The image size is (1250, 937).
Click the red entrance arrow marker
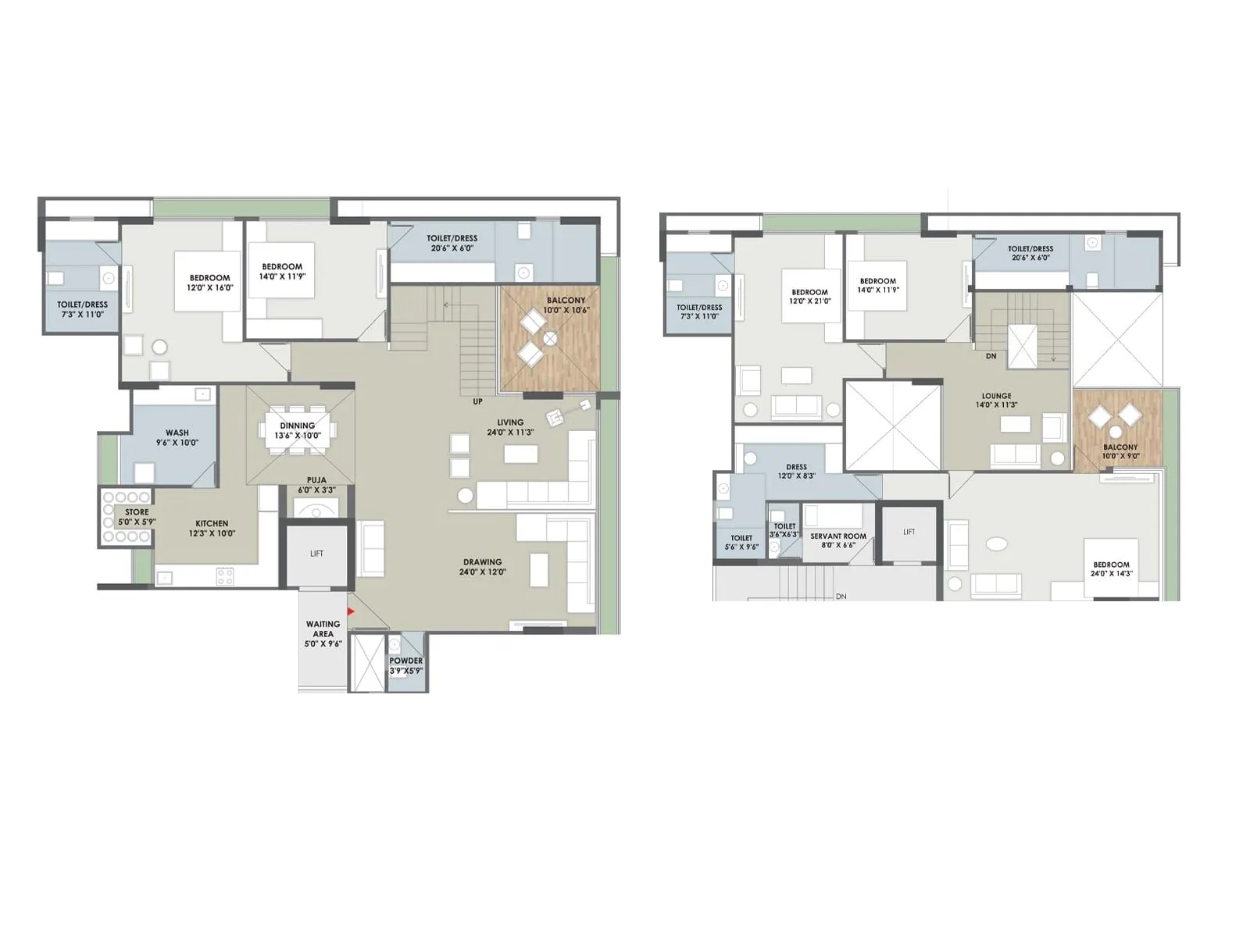click(x=351, y=611)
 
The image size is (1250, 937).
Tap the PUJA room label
click(x=316, y=485)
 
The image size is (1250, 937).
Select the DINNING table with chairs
click(x=301, y=430)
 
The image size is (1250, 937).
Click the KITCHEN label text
click(x=212, y=529)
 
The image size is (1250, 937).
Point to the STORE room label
click(x=137, y=517)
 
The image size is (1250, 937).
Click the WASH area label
click(x=177, y=437)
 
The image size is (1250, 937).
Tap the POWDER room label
click(x=406, y=665)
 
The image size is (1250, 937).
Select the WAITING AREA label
click(x=323, y=633)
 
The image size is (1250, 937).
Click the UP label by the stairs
click(x=477, y=401)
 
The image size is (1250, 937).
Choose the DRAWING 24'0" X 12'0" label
click(x=482, y=567)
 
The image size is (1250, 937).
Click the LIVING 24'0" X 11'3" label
click(x=510, y=427)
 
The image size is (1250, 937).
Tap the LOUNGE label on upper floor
click(x=996, y=401)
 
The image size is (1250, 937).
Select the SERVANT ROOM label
click(x=838, y=540)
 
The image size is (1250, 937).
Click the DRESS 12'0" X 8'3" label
click(x=796, y=472)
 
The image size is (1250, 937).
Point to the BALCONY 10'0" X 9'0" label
click(x=1120, y=451)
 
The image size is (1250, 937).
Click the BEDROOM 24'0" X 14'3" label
click(x=1111, y=568)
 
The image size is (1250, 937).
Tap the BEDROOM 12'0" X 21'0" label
click(x=809, y=297)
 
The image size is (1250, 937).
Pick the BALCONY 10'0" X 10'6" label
click(x=566, y=305)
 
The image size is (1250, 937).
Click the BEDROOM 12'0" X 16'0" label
click(x=209, y=282)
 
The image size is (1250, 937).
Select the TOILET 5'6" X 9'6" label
click(x=741, y=542)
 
